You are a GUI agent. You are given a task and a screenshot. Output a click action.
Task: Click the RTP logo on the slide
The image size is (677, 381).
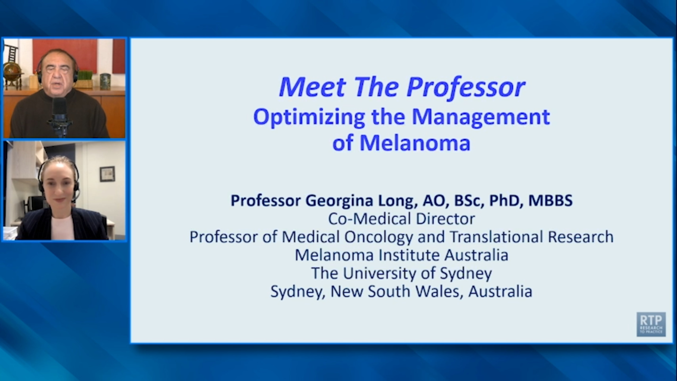click(x=651, y=324)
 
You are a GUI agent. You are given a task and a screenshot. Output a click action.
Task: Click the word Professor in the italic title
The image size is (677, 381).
click(x=466, y=87)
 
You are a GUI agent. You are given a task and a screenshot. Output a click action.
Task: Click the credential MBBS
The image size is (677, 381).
click(x=551, y=200)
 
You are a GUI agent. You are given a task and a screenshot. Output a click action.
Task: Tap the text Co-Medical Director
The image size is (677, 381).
click(x=401, y=219)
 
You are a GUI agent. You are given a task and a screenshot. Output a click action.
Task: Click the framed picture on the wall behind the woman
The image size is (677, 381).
click(x=107, y=174)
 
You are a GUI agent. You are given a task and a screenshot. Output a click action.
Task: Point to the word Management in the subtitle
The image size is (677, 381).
click(x=481, y=117)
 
